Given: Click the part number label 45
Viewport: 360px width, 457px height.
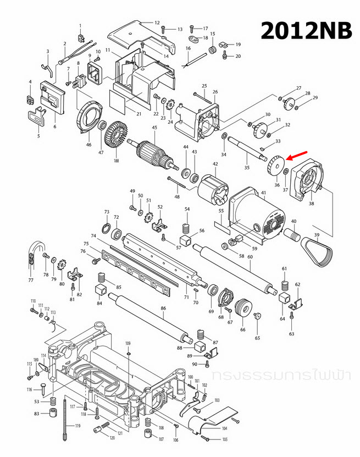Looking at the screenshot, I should pos(154,128).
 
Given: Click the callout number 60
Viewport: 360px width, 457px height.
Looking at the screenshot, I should pos(250,257).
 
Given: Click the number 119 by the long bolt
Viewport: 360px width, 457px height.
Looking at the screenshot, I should pos(77,426).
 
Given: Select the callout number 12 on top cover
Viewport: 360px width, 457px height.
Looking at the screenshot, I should pos(157,23).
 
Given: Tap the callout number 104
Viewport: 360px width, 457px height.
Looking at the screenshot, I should pos(224,428).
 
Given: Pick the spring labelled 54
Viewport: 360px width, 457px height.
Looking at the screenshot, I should pos(187,226).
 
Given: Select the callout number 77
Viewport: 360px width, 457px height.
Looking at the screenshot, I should pos(31,280).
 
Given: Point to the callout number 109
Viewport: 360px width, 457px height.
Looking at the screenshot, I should pos(128,344).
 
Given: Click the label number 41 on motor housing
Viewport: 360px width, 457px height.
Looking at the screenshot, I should pos(263,192).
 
